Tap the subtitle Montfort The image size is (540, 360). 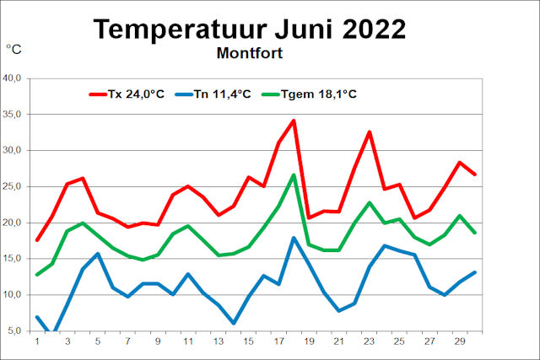click(x=249, y=53)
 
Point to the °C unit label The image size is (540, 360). click(x=13, y=51)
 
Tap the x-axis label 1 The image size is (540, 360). click(x=37, y=341)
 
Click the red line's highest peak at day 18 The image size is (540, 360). click(x=294, y=121)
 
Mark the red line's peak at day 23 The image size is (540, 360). click(x=370, y=132)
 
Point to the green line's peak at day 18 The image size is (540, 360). click(x=294, y=175)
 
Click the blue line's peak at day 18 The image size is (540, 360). click(x=294, y=238)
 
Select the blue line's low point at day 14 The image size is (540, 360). click(x=233, y=323)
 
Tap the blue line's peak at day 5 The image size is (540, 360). click(x=98, y=254)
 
